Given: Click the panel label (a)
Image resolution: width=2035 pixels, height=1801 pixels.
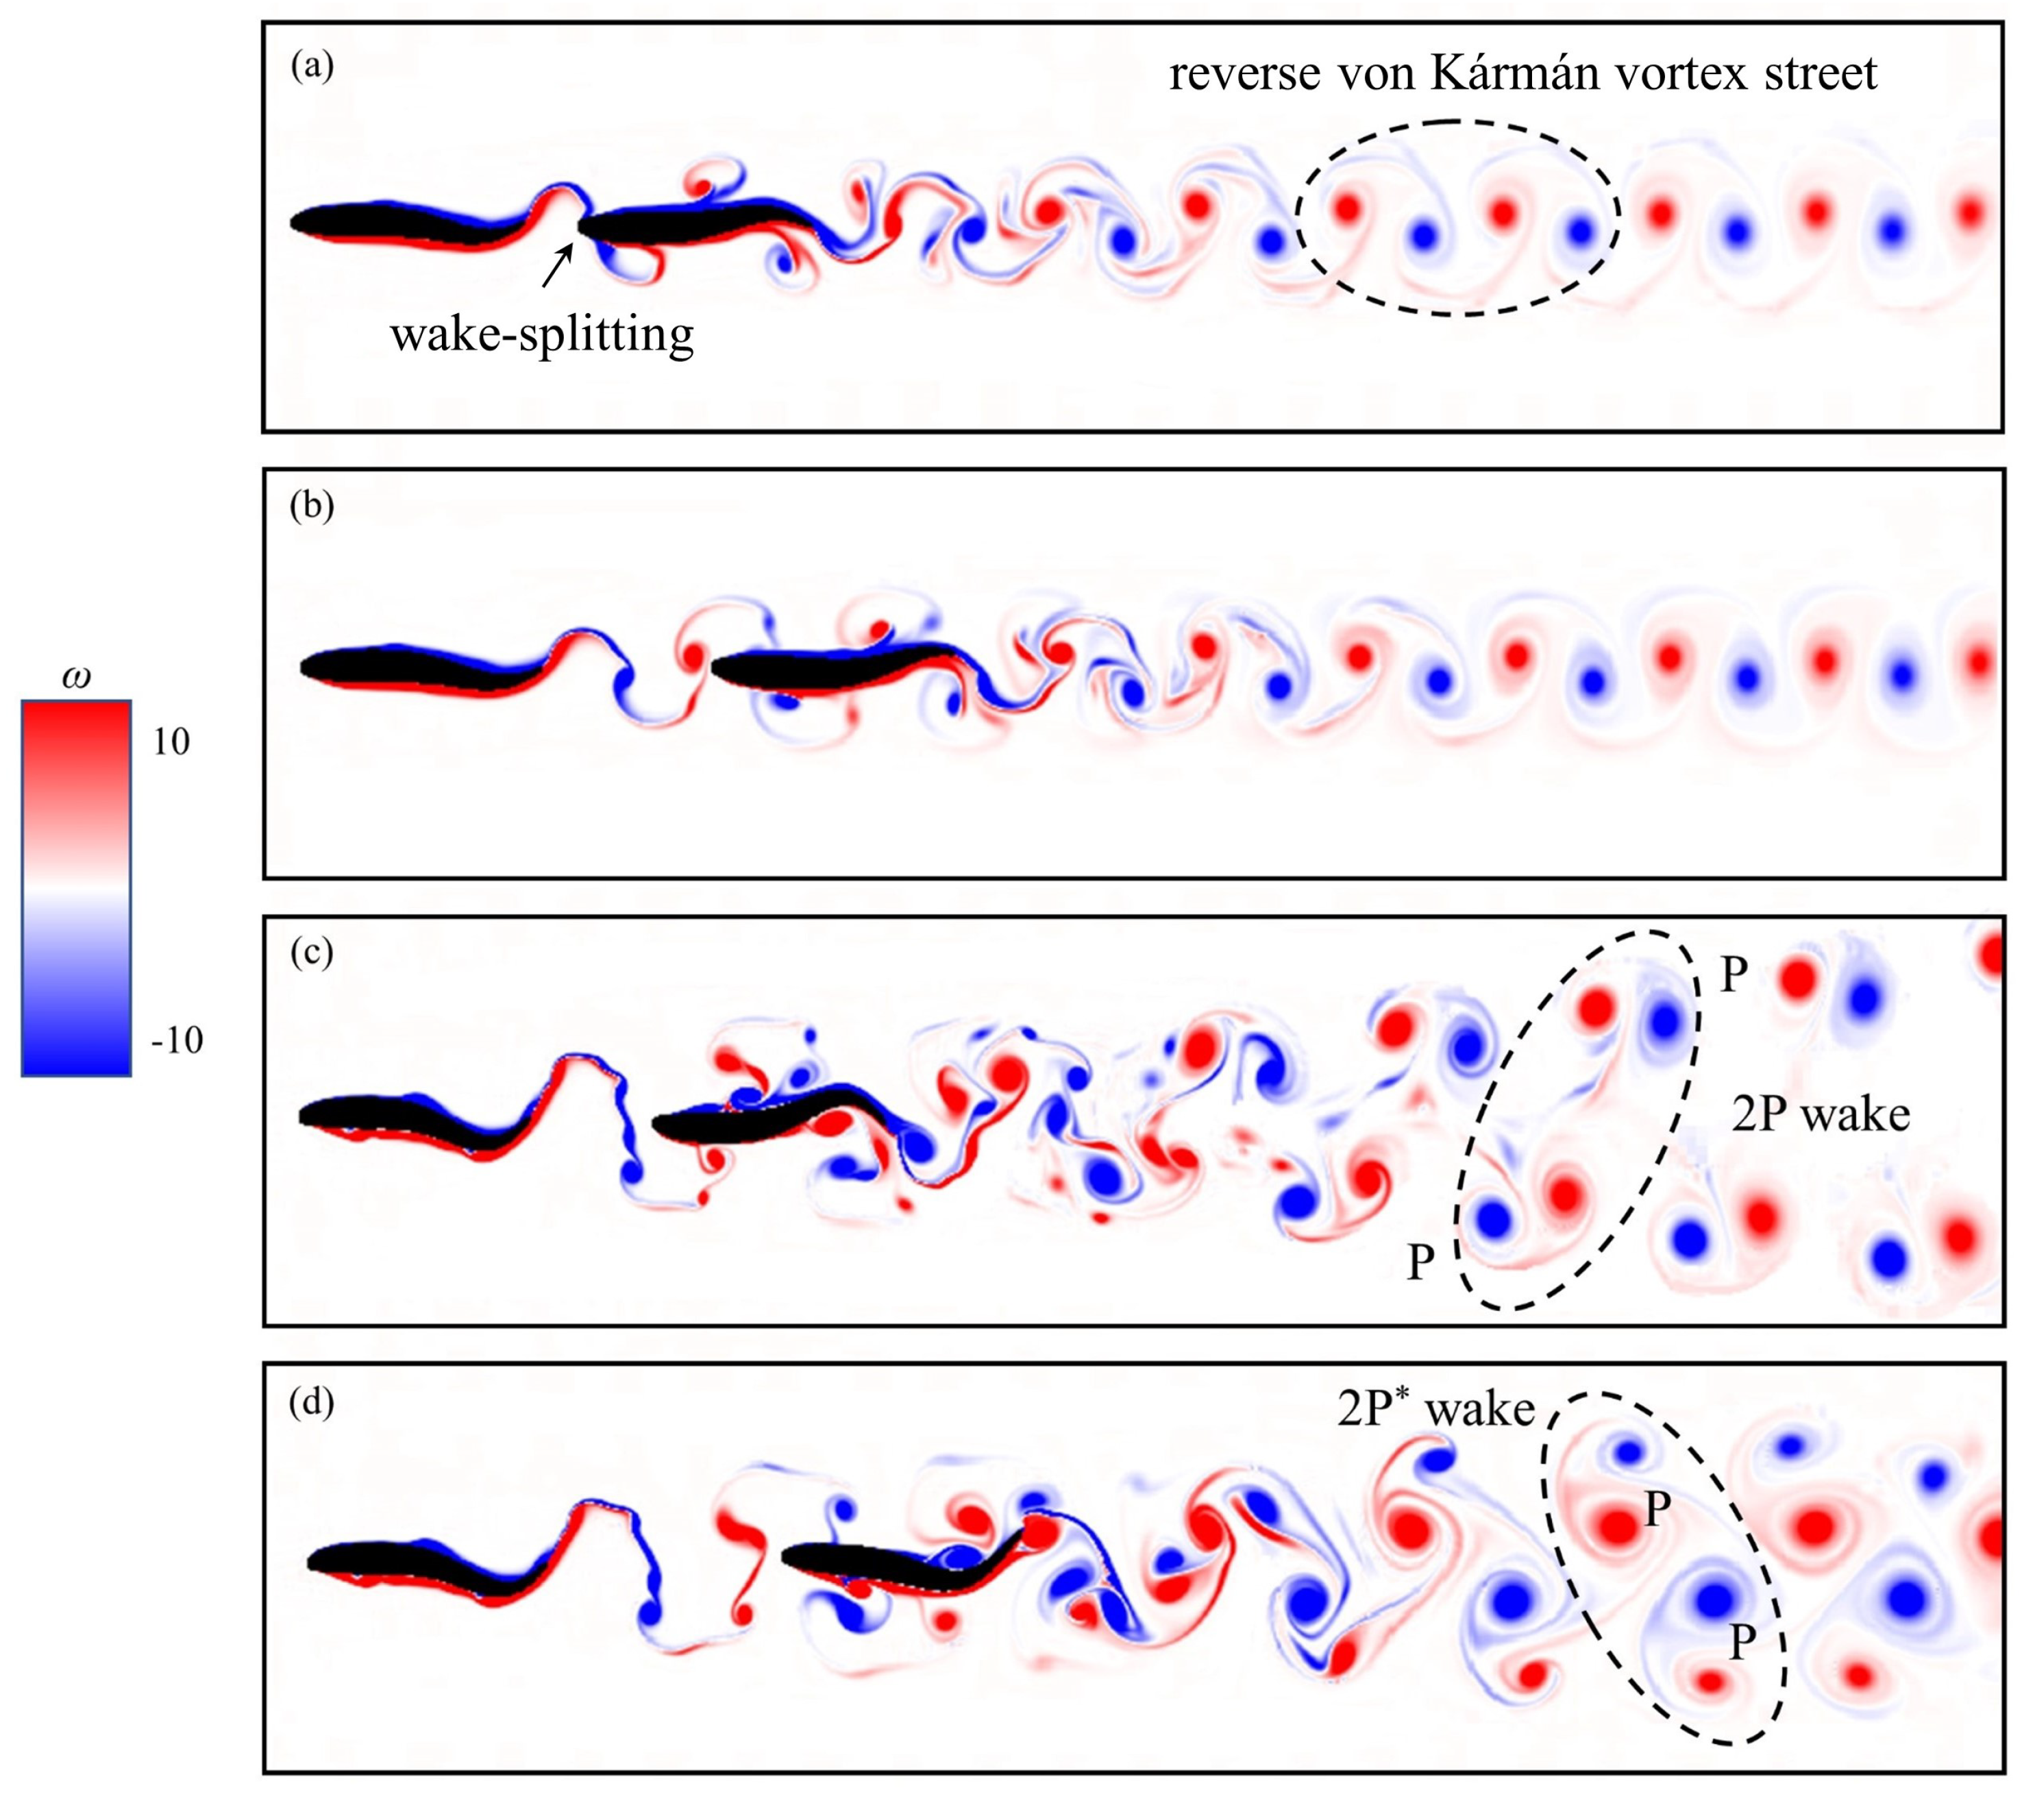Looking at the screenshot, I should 312,68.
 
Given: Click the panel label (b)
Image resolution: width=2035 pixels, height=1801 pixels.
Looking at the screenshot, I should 312,506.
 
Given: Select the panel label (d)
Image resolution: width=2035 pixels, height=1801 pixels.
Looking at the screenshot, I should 312,1403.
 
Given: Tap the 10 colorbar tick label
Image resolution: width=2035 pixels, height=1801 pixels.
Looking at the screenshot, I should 171,742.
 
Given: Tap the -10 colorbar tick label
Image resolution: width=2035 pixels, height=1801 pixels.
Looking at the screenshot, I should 176,1040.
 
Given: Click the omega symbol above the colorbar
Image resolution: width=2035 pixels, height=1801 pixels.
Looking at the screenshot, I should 75,677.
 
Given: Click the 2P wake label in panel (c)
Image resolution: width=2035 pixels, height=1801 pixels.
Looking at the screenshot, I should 1820,1114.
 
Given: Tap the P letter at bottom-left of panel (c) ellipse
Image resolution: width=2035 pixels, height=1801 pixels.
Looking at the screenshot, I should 1420,1262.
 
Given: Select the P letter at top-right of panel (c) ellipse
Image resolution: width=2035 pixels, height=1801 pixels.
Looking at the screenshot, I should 1734,976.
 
